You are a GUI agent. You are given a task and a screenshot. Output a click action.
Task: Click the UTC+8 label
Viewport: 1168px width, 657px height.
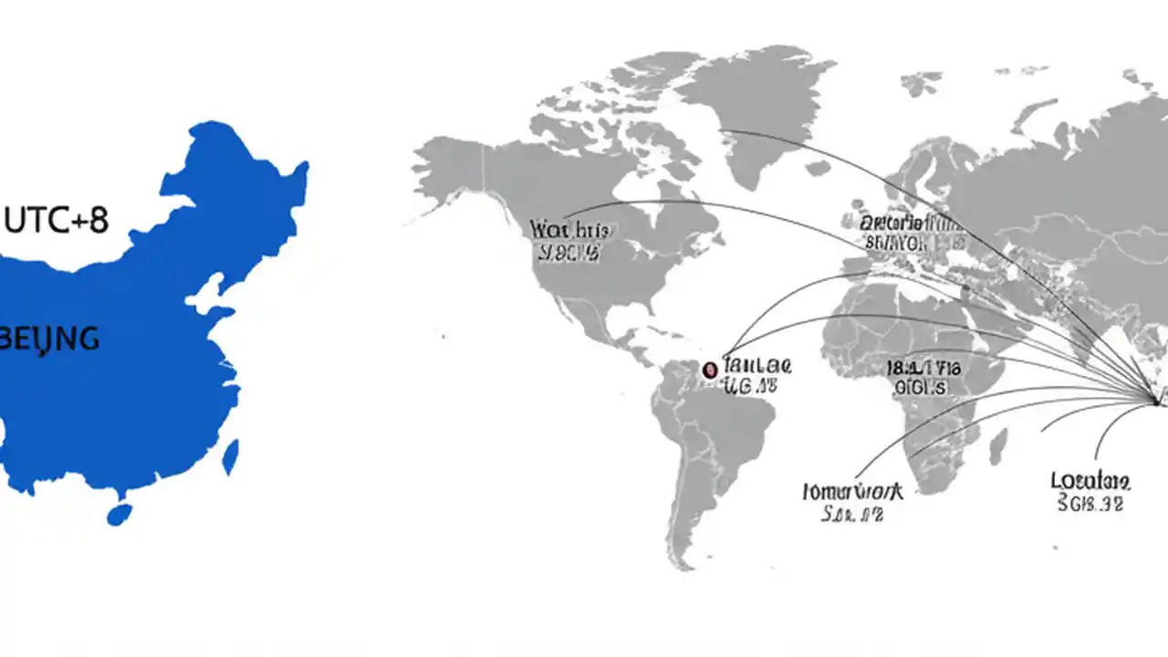pyautogui.click(x=57, y=220)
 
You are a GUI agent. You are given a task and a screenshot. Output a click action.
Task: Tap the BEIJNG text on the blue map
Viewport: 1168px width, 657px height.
pyautogui.click(x=51, y=339)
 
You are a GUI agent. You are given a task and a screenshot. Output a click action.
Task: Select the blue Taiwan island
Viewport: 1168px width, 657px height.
pyautogui.click(x=231, y=456)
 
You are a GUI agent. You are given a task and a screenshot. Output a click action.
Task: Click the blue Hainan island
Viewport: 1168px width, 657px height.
pyautogui.click(x=119, y=515)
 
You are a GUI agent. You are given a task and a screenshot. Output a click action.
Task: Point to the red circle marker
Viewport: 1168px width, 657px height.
pyautogui.click(x=710, y=370)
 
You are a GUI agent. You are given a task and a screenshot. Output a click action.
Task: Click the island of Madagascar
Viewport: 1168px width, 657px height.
pyautogui.click(x=998, y=446)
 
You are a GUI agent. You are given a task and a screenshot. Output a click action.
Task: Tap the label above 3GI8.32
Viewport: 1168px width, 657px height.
pyautogui.click(x=1090, y=480)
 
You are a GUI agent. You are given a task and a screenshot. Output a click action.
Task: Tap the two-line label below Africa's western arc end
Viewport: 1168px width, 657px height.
pyautogui.click(x=852, y=502)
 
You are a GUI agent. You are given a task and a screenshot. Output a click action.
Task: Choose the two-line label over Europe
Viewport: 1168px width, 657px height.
pyautogui.click(x=912, y=232)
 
